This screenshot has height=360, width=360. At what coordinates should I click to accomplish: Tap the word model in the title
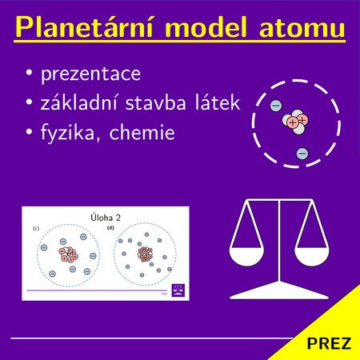[x=206, y=27]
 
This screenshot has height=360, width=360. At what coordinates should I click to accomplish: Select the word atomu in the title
[x=302, y=28]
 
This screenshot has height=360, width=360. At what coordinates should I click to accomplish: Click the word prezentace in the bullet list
[x=90, y=74]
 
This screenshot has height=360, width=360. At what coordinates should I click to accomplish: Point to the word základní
[x=79, y=102]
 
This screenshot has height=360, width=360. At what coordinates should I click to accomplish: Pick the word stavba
[x=155, y=102]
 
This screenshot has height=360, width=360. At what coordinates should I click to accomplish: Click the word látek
[x=218, y=102]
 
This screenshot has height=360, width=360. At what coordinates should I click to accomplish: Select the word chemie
[x=142, y=132]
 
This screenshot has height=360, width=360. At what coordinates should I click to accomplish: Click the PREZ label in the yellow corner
[x=329, y=343]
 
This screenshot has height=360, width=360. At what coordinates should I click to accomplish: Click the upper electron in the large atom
[x=276, y=106]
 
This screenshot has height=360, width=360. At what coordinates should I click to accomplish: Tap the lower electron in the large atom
[x=302, y=154]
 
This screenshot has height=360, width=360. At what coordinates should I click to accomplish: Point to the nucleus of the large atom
[x=295, y=122]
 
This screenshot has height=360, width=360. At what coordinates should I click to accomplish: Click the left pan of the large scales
[x=246, y=257]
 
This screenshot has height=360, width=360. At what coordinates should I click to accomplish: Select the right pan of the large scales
[x=312, y=257]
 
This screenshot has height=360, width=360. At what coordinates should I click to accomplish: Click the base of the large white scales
[x=279, y=291]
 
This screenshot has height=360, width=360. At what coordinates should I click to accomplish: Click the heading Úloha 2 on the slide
[x=106, y=218]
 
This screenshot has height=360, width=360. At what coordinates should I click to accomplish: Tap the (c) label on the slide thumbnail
[x=36, y=229]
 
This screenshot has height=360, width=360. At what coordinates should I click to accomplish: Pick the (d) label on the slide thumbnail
[x=110, y=228]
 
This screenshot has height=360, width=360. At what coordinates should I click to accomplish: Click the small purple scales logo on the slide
[x=178, y=290]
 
